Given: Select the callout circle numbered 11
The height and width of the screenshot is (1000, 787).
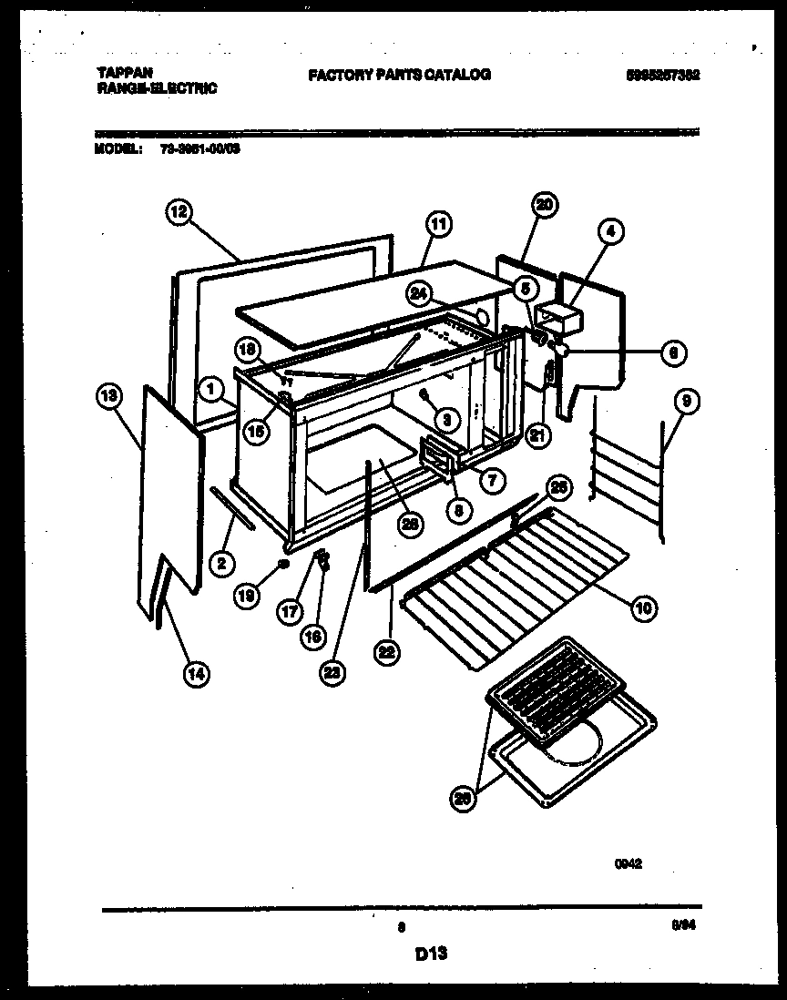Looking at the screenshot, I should [438, 223].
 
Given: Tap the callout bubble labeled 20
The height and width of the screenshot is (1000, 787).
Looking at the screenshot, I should [545, 205].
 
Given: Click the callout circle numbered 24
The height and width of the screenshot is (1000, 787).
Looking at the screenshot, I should [418, 294].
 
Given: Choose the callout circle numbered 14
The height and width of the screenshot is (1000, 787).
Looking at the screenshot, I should [195, 673].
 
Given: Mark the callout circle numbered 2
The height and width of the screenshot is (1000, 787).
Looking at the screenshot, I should [219, 564].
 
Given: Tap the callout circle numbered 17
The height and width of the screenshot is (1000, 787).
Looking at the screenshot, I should [289, 612].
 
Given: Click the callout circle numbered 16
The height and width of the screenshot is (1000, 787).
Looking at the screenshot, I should [312, 637].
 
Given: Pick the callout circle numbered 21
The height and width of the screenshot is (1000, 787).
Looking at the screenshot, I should [538, 436].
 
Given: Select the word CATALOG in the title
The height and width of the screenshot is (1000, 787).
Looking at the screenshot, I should [459, 75].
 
